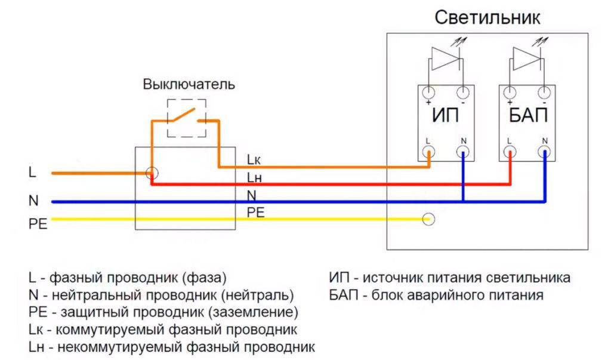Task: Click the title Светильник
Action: (x=487, y=17)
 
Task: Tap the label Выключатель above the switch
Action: (x=189, y=84)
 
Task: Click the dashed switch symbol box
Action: (x=187, y=118)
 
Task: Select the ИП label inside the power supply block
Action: (x=446, y=116)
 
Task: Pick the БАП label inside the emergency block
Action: (x=528, y=116)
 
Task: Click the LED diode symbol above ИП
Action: (x=444, y=59)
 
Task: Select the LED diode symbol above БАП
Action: (x=526, y=59)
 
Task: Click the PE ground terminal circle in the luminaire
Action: (x=428, y=219)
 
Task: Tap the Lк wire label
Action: (x=254, y=159)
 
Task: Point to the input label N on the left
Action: (x=33, y=201)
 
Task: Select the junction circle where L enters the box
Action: (x=152, y=173)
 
